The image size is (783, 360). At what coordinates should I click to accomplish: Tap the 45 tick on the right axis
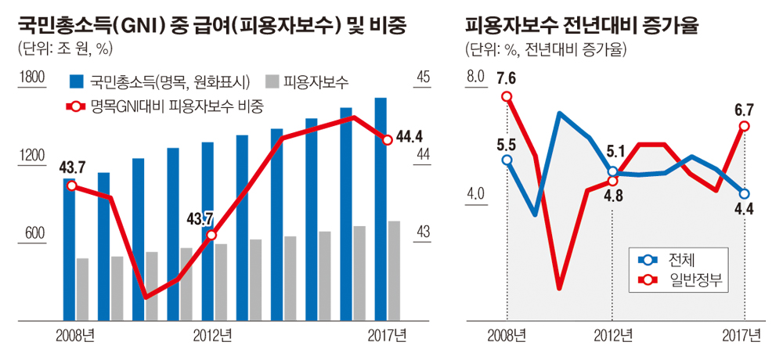click(424, 77)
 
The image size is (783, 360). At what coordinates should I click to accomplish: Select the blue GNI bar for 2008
click(69, 249)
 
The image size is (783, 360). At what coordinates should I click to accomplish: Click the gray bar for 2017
click(394, 270)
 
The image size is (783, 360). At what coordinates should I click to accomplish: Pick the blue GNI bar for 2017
click(380, 209)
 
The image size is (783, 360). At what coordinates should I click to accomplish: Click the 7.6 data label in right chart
click(506, 78)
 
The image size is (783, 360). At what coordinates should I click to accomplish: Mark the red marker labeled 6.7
click(744, 126)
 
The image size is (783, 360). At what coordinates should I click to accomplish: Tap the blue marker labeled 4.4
click(744, 193)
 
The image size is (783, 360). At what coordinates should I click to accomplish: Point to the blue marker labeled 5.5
click(507, 160)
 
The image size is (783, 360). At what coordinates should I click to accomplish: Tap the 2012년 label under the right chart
click(613, 336)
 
